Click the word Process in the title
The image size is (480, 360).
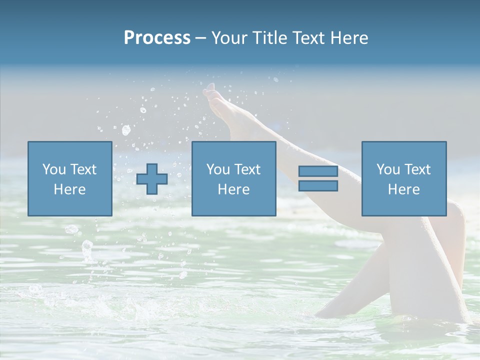[157, 38]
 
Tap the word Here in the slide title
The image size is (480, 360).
[350, 38]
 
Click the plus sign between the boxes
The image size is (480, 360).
[152, 179]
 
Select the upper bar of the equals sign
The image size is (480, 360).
[318, 171]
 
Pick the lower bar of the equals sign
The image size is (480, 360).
[318, 185]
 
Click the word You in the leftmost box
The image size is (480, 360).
[53, 169]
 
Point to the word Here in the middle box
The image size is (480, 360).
[233, 189]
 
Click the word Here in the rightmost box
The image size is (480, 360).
[403, 189]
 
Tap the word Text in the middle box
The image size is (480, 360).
[248, 169]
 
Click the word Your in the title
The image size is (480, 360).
[228, 38]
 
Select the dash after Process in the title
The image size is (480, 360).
[201, 38]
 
